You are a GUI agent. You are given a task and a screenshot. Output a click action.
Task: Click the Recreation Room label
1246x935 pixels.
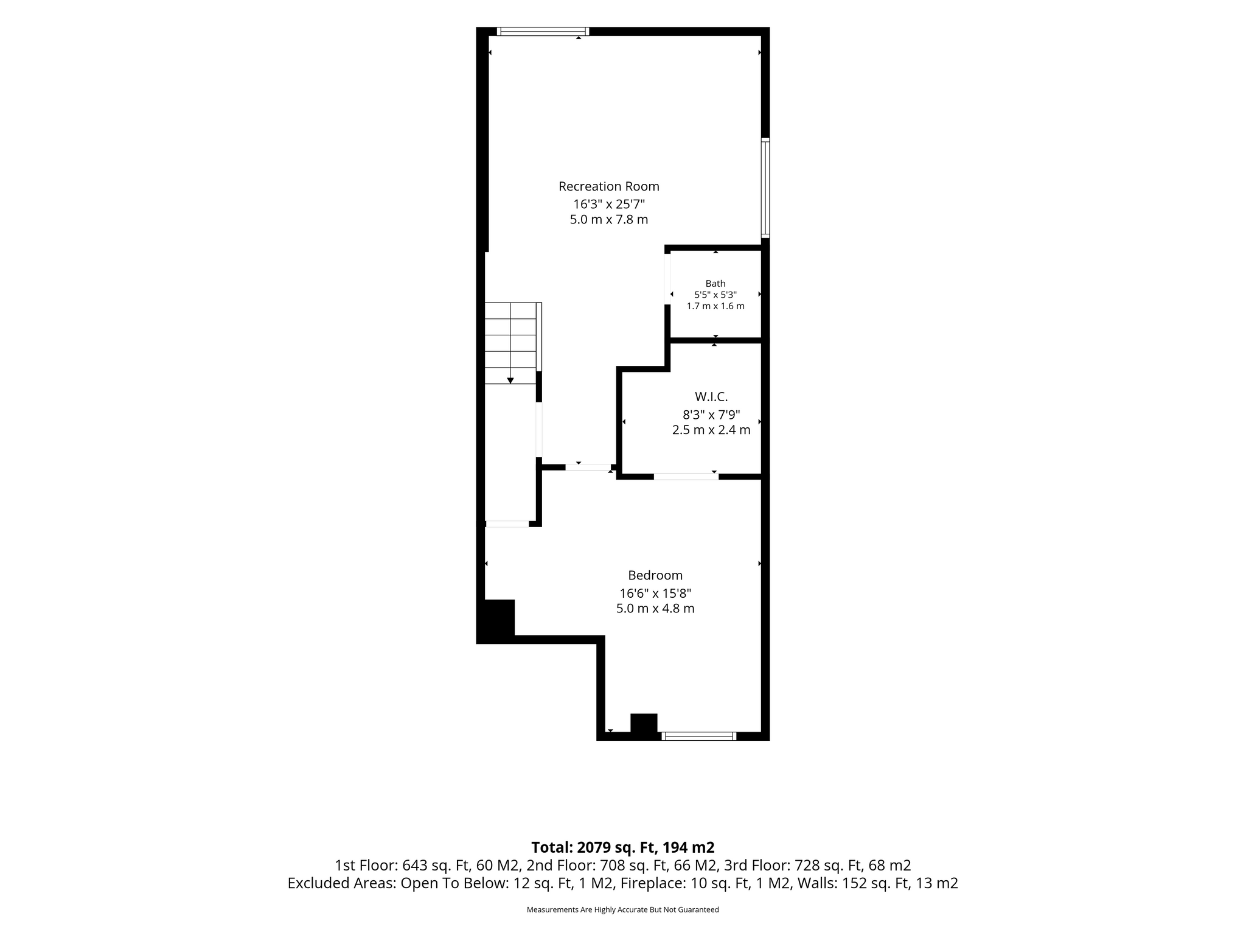(x=609, y=186)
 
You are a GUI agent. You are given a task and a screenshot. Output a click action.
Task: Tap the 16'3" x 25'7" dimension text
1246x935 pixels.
(x=609, y=203)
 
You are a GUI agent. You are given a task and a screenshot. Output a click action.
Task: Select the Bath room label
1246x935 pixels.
(x=715, y=283)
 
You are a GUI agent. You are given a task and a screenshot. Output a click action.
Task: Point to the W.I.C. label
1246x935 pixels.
(x=711, y=397)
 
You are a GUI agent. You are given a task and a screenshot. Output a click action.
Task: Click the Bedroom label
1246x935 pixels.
(x=655, y=575)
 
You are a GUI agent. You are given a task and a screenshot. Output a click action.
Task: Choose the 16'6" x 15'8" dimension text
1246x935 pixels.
(x=655, y=593)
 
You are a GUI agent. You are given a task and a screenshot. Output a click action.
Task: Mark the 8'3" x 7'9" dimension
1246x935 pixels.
(x=711, y=415)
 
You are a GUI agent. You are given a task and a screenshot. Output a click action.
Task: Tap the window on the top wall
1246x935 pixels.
(x=543, y=32)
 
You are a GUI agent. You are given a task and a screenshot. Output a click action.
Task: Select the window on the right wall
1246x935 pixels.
(x=765, y=188)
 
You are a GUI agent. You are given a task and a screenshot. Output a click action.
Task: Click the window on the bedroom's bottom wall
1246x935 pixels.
(x=699, y=736)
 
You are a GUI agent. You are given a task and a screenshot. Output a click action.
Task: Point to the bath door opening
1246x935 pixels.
(x=667, y=279)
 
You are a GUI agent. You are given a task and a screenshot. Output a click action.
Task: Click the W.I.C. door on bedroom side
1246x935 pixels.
(x=686, y=477)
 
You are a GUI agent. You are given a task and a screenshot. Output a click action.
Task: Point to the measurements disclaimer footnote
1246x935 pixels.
(x=623, y=909)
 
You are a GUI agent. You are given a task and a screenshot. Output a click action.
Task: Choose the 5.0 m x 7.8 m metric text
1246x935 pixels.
(x=609, y=220)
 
